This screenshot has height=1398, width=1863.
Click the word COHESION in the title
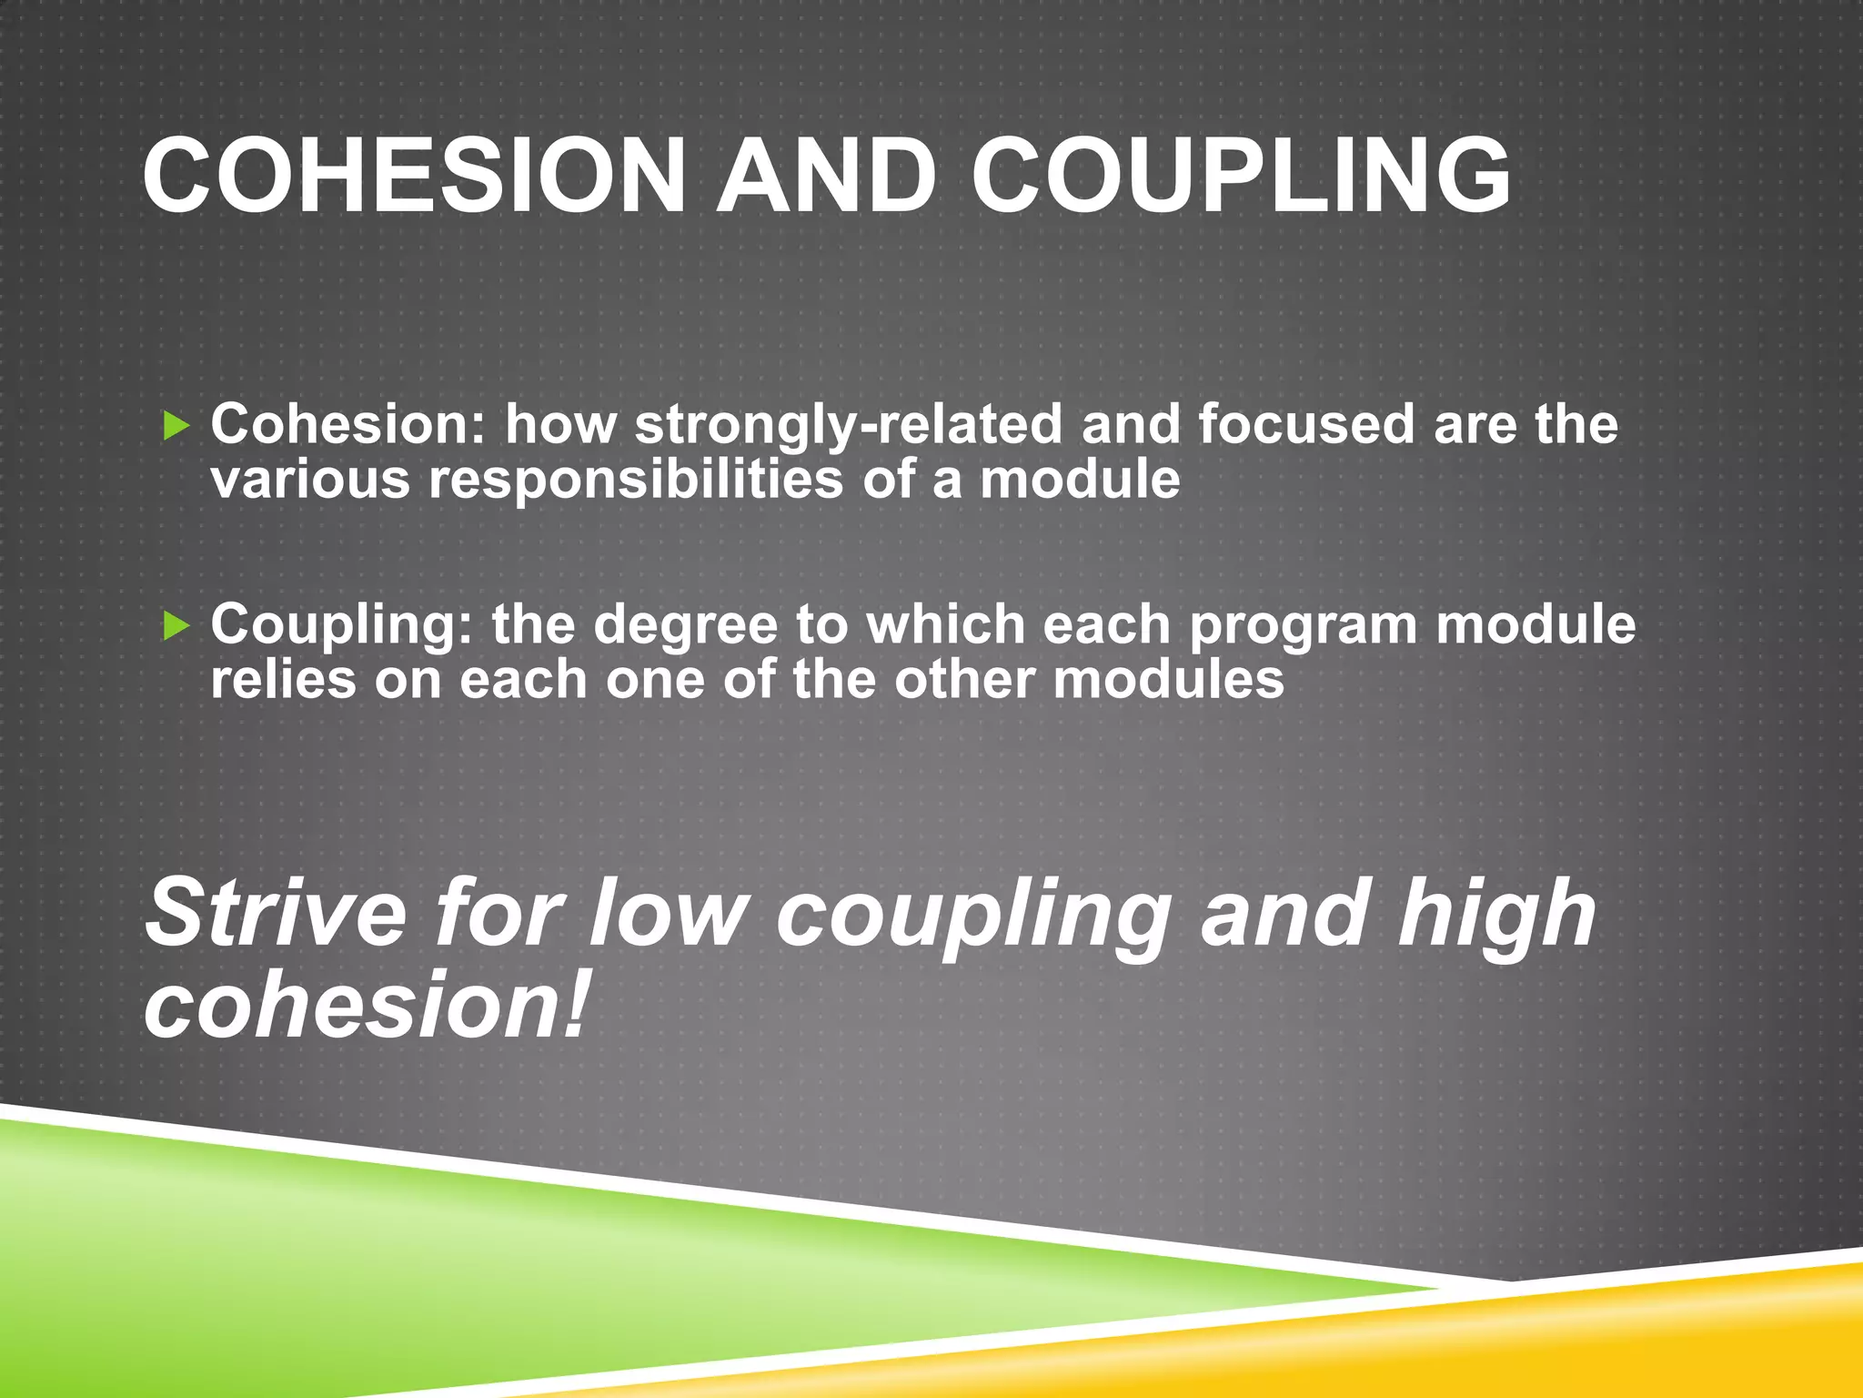[414, 176]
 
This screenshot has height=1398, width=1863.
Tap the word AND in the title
[826, 176]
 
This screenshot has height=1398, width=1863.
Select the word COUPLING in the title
[1242, 176]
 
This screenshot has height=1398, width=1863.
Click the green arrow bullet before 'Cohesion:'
[176, 425]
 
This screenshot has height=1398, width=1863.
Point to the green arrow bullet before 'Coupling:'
[176, 626]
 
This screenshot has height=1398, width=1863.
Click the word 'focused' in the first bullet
[1306, 425]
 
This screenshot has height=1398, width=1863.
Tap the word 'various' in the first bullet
[310, 480]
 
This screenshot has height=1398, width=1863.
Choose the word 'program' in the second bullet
[1303, 627]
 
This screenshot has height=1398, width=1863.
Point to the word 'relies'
[283, 680]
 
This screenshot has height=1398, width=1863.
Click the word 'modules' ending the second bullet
[1168, 680]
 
